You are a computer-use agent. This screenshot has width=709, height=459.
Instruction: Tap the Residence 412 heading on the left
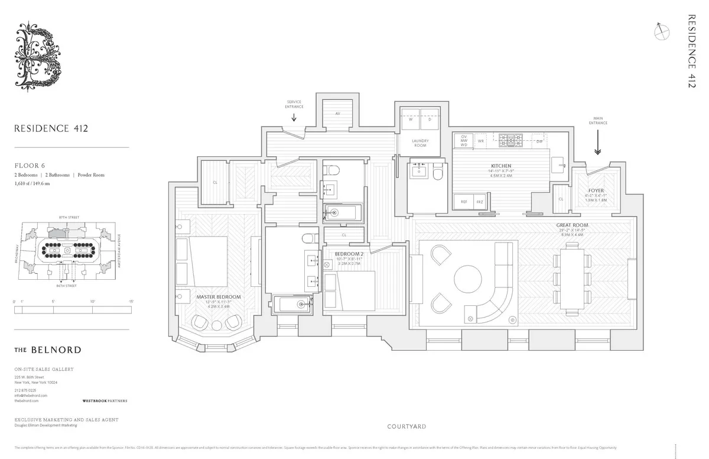tap(51, 128)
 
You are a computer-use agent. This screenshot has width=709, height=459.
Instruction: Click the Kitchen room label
tap(501, 166)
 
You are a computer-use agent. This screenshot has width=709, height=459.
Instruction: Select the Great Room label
tap(571, 225)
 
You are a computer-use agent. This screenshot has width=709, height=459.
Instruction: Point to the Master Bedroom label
tap(219, 296)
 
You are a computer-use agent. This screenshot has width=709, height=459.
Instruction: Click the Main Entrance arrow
tap(597, 143)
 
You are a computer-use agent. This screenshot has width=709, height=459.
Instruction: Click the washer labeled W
tap(410, 119)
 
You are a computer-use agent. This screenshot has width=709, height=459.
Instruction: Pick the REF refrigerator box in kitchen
tap(464, 202)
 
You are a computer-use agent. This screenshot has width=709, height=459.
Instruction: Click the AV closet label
tap(337, 113)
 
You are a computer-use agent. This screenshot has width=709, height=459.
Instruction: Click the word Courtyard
tap(406, 426)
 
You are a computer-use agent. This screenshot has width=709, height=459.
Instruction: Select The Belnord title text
tap(48, 350)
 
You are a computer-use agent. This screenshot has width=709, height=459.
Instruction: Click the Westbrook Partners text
tap(105, 400)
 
